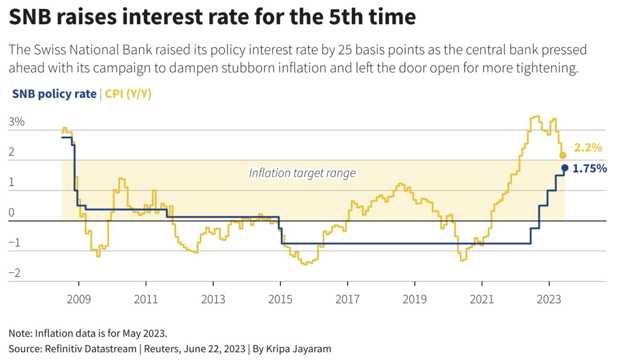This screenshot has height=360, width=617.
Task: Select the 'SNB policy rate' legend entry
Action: [52, 94]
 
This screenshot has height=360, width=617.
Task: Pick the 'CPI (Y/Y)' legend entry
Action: [129, 94]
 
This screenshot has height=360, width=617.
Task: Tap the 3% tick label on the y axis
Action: [16, 123]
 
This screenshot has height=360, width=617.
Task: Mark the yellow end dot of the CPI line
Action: [562, 155]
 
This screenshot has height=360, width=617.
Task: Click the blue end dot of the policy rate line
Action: [565, 168]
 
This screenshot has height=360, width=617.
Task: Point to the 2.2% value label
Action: [588, 148]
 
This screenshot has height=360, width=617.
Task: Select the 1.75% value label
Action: [590, 168]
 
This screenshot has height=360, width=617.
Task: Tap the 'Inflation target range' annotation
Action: [302, 173]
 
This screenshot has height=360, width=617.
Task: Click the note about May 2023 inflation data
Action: [88, 331]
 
